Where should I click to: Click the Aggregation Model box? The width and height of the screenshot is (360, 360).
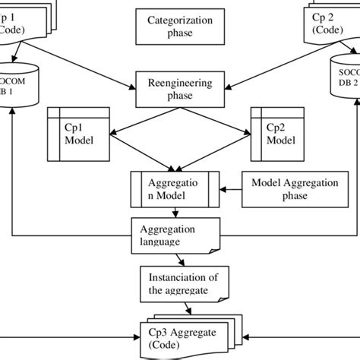pyautogui.click(x=175, y=189)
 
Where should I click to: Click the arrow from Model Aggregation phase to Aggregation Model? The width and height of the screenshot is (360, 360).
pyautogui.click(x=231, y=189)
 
